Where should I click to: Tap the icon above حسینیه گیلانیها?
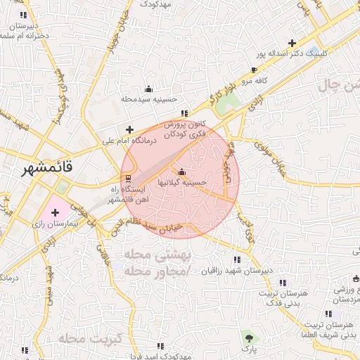(x=182, y=172)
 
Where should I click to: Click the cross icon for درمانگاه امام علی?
(x=129, y=129)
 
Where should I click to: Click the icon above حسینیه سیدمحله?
(x=148, y=89)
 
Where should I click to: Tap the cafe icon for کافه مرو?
(x=255, y=70)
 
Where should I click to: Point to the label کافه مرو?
(x=257, y=81)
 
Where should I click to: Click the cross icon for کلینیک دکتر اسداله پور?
(x=292, y=43)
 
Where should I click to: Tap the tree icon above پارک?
(x=247, y=337)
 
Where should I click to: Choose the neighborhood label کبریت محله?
(x=91, y=338)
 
